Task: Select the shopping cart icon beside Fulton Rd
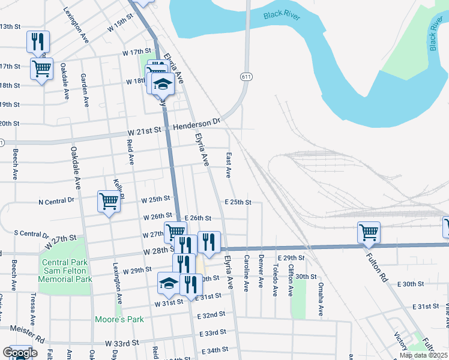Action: pos(369,233)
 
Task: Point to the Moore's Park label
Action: pos(119,319)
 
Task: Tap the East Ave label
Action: pos(229,165)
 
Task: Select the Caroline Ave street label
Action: pos(247,273)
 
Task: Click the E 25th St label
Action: pos(237,202)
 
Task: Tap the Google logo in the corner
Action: pos(19,353)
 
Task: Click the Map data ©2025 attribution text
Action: pos(423,355)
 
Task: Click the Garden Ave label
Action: pos(85,91)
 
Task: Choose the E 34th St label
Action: pos(214,350)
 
